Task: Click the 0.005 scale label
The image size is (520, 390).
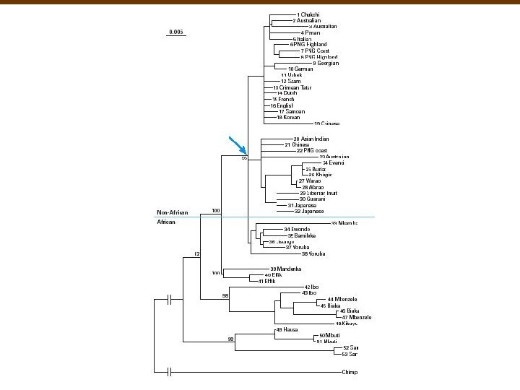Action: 175,32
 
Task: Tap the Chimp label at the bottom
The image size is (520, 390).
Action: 350,373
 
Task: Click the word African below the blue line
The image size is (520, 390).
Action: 167,222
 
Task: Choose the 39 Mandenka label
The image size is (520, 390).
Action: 285,269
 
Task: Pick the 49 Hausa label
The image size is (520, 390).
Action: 287,329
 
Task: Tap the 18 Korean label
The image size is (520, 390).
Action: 288,118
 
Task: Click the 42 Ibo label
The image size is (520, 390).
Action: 311,287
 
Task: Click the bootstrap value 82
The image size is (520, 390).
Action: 196,254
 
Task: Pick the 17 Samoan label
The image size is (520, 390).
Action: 292,111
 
